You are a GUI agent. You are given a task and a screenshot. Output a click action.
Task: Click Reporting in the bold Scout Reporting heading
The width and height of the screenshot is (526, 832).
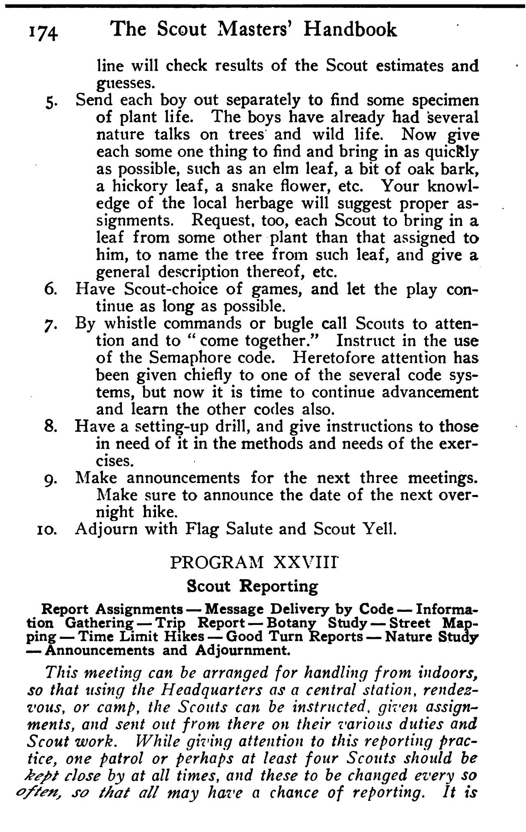click(x=279, y=587)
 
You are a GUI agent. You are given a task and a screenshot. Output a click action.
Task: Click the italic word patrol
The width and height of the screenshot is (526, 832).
click(x=113, y=759)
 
